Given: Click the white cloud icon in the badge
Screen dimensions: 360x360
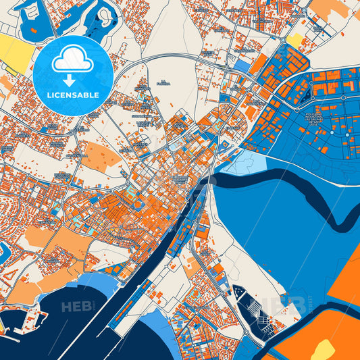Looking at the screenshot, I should [x=72, y=61].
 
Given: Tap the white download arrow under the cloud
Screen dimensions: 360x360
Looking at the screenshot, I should [x=72, y=80].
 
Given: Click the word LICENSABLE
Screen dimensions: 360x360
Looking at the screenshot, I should [x=72, y=95].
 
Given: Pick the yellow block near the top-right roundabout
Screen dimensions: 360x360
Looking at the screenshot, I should [x=295, y=41].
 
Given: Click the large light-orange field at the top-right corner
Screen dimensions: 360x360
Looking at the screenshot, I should [x=330, y=8].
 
